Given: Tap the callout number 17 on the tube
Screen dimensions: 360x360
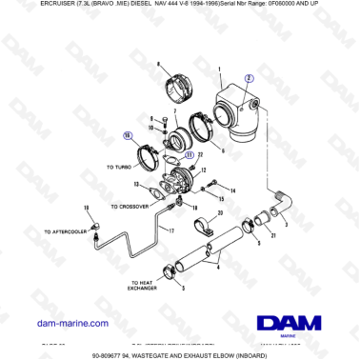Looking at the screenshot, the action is coord(172,230).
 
